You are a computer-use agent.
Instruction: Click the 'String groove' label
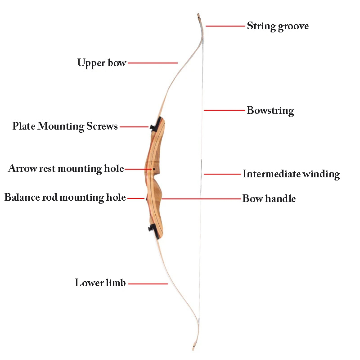278,26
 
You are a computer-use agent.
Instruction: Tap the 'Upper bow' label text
102,63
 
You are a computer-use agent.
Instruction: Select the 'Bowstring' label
270,110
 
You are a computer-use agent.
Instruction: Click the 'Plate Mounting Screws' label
65,126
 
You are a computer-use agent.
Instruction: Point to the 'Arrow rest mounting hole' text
66,169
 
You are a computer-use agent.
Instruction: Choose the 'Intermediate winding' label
291,174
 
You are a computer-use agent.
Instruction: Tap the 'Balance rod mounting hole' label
65,198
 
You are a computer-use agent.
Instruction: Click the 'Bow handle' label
269,198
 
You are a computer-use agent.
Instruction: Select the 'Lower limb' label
100,283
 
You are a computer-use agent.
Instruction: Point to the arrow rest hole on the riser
154,169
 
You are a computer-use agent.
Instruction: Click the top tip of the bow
198,16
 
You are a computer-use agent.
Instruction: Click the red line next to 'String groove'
225,26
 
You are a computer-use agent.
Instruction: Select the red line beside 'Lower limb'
148,283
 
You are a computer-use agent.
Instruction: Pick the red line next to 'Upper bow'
153,63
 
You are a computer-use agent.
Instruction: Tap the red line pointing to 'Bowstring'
224,110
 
